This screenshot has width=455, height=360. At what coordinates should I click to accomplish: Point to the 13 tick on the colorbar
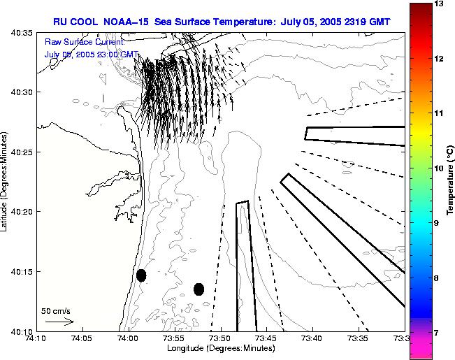point(441,4)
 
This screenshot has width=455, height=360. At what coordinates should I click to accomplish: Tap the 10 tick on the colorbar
point(441,168)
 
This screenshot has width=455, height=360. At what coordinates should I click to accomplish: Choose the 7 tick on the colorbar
point(441,333)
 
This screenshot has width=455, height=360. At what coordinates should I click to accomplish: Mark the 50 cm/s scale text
point(56,310)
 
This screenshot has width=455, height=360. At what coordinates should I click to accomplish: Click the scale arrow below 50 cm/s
point(59,322)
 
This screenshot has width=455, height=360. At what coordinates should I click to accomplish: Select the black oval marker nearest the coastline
point(141,275)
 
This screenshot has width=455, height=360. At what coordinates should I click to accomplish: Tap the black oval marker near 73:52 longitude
point(199,289)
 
